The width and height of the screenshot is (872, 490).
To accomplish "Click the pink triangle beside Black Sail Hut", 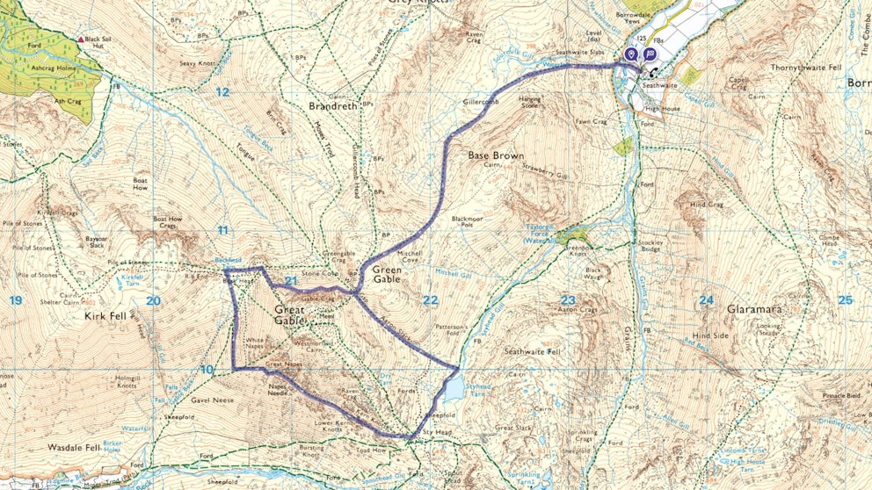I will [81, 40].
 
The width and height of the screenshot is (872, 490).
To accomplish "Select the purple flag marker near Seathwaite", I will [649, 54].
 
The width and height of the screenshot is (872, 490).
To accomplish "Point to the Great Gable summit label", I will [289, 315].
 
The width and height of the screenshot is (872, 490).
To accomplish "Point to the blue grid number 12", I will [222, 92].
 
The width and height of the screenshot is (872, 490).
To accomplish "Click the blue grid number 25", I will [844, 300].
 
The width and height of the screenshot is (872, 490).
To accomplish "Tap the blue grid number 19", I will [15, 301].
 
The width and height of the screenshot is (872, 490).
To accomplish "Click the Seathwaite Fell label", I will [531, 351].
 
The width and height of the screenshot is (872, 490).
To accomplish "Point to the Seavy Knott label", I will [198, 62].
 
